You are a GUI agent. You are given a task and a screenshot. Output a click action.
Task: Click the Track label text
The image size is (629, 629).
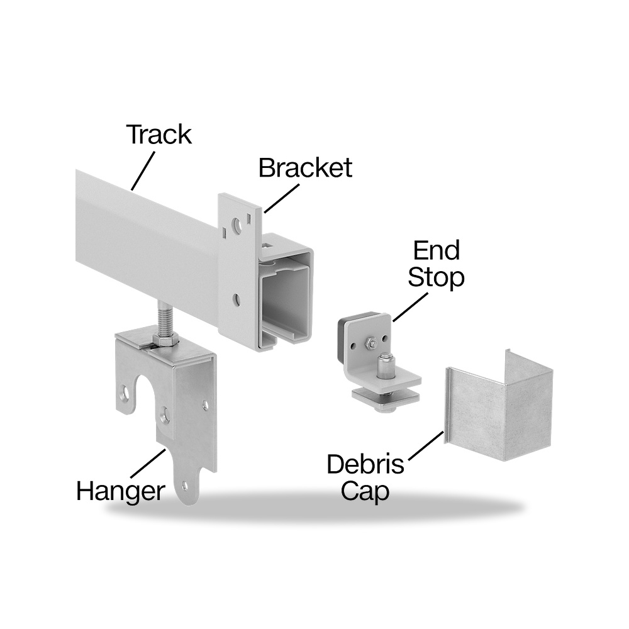pos(159,135)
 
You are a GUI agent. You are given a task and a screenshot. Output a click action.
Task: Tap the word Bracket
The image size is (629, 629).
pos(305,168)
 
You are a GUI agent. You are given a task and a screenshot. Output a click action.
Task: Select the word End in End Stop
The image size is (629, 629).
pos(437,251)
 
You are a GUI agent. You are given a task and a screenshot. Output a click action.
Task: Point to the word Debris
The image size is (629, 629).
pos(365,464)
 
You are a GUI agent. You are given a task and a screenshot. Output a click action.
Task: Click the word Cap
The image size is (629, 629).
pos(365,492)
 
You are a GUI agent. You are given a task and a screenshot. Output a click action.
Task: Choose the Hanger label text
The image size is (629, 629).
pos(121,492)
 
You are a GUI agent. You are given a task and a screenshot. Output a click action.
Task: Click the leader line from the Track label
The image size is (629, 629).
pos(143,170)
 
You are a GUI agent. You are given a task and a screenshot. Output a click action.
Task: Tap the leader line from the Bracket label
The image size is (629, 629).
pos(282,198)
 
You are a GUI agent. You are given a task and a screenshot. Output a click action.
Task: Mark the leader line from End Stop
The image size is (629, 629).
pos(410,307)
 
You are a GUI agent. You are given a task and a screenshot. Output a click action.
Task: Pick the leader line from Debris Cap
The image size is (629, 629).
pos(426,446)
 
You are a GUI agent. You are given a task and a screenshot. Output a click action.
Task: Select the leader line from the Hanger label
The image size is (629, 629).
pos(148,463)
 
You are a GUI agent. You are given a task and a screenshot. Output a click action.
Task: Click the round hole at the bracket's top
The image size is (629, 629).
pos(238,225)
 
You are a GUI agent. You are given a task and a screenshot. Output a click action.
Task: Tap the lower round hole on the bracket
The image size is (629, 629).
pos(237,299)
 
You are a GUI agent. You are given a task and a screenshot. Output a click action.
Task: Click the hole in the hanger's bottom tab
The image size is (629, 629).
pos(184,487)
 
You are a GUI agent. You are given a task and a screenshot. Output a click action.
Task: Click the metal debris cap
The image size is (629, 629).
pos(499,406)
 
